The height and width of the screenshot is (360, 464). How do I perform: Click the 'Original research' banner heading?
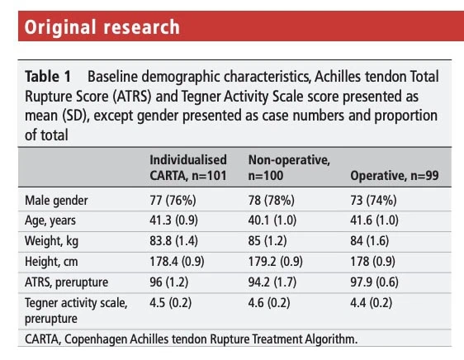[x=102, y=27]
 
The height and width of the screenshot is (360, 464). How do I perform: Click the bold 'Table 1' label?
[x=48, y=77]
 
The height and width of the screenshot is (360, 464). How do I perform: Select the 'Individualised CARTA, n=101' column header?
[x=188, y=168]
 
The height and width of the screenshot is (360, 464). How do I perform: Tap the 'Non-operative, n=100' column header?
[x=289, y=168]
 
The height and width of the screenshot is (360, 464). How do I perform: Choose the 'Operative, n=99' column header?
[x=395, y=176]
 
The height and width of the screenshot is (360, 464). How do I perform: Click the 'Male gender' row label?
[x=56, y=201]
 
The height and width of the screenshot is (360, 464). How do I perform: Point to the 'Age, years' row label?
[x=50, y=220]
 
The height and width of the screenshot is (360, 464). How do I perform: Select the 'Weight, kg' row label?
[x=51, y=241]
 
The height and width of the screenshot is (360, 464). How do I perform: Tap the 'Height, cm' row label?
[x=51, y=262]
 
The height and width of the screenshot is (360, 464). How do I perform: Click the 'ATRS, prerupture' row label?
[x=66, y=282]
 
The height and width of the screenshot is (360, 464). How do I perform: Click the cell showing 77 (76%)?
[x=173, y=201]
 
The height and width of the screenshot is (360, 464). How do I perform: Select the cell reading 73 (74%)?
[x=373, y=201]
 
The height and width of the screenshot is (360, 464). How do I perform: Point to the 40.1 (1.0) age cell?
[x=272, y=220]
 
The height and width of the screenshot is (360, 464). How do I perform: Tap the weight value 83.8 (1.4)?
[x=173, y=241]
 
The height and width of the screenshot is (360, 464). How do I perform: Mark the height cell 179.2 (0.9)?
[x=276, y=262]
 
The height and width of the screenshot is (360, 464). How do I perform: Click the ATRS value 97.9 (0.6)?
[x=374, y=282]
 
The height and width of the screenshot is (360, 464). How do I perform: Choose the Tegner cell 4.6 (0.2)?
[x=269, y=303]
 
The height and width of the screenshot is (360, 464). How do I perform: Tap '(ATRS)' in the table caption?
[x=132, y=97]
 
